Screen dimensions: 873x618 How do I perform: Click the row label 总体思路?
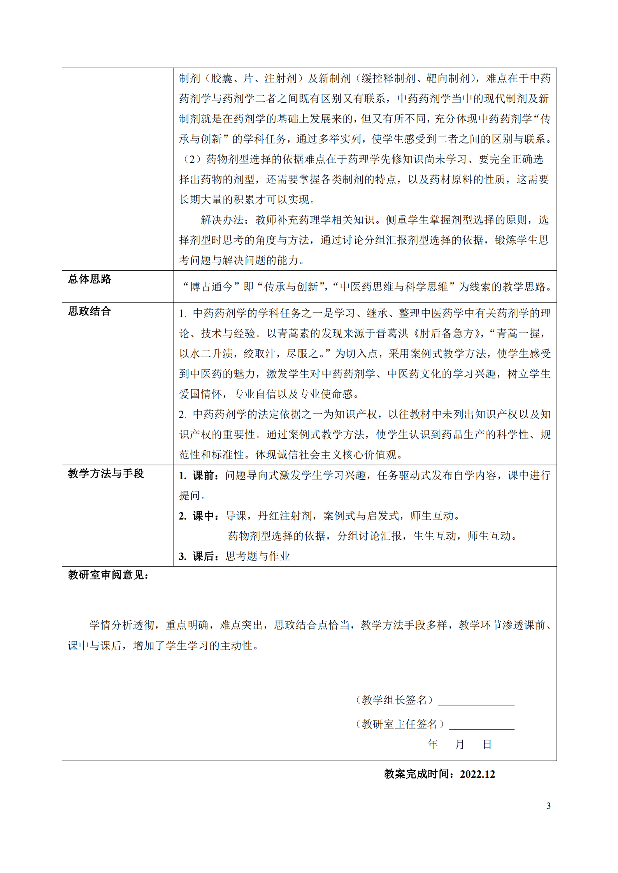click(x=90, y=279)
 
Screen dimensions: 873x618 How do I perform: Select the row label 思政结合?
click(x=90, y=311)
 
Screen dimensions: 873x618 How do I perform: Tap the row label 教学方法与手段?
click(x=106, y=473)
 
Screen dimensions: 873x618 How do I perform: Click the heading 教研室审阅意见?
click(x=108, y=575)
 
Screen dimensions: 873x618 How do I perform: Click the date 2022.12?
click(x=477, y=774)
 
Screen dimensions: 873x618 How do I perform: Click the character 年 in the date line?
click(x=432, y=744)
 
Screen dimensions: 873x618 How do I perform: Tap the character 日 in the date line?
click(x=487, y=744)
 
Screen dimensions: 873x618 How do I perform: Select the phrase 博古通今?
click(x=211, y=287)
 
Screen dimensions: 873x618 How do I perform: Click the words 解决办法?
click(x=222, y=220)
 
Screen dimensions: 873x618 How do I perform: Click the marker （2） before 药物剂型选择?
click(x=191, y=159)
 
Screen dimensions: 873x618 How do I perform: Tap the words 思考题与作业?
click(x=258, y=556)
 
